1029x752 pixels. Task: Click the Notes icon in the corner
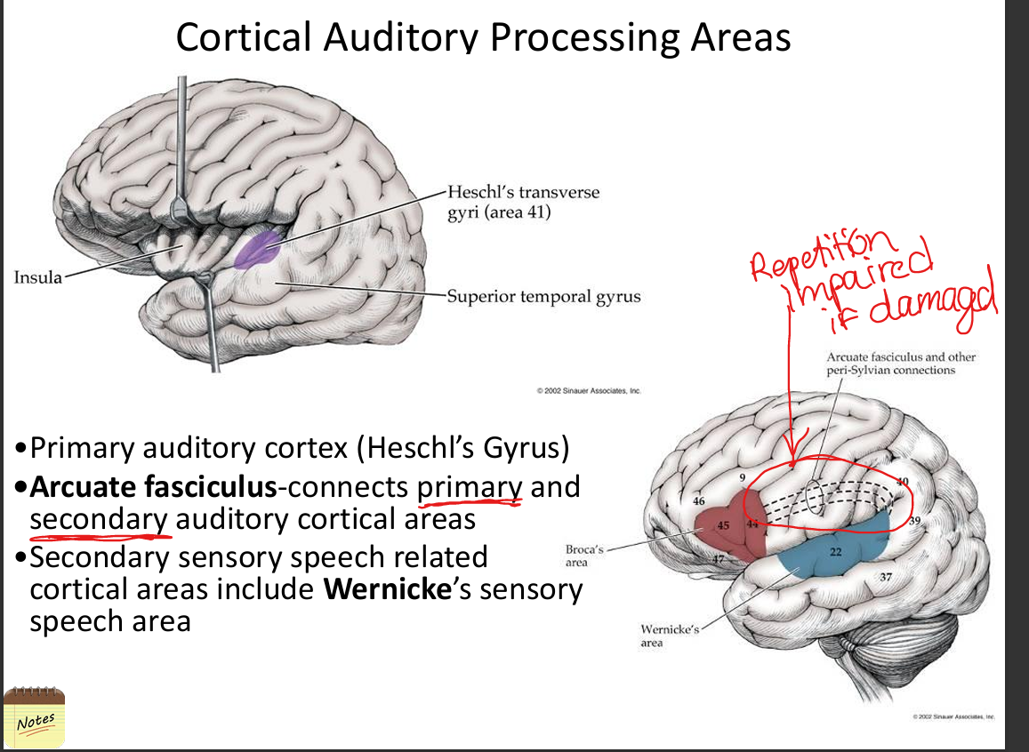(35, 717)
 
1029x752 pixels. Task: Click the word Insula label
(38, 277)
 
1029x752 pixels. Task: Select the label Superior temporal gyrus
(543, 296)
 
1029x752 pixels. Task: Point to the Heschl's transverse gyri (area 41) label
(523, 202)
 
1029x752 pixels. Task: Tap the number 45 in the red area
(724, 525)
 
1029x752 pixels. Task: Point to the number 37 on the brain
(886, 579)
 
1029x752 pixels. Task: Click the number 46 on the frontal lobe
(699, 501)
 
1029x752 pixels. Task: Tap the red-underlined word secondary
(99, 519)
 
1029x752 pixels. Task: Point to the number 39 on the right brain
(915, 520)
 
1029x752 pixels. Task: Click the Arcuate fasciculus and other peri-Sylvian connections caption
(900, 363)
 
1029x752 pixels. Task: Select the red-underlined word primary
(470, 487)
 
